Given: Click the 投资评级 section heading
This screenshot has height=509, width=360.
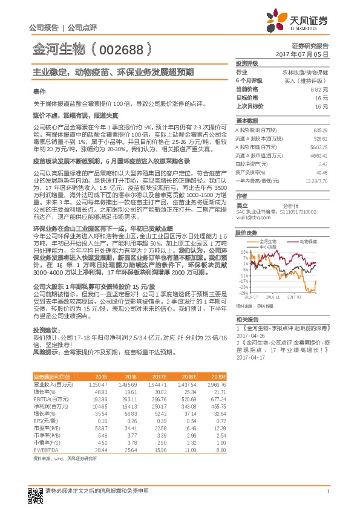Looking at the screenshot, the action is click(x=247, y=63).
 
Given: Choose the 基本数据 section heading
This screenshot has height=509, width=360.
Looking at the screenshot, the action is click(x=247, y=120).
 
